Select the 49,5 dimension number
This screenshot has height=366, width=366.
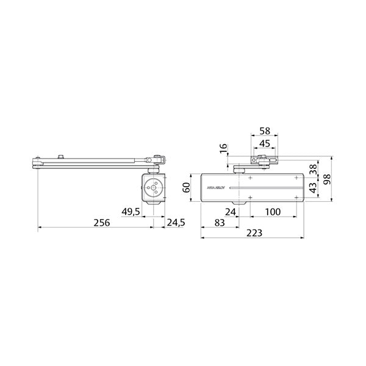point(132,212)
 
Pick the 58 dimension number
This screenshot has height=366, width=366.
point(264,131)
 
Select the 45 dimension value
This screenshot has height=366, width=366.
point(264,143)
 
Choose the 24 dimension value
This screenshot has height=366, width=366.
point(230,212)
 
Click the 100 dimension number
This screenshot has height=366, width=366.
point(273,212)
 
